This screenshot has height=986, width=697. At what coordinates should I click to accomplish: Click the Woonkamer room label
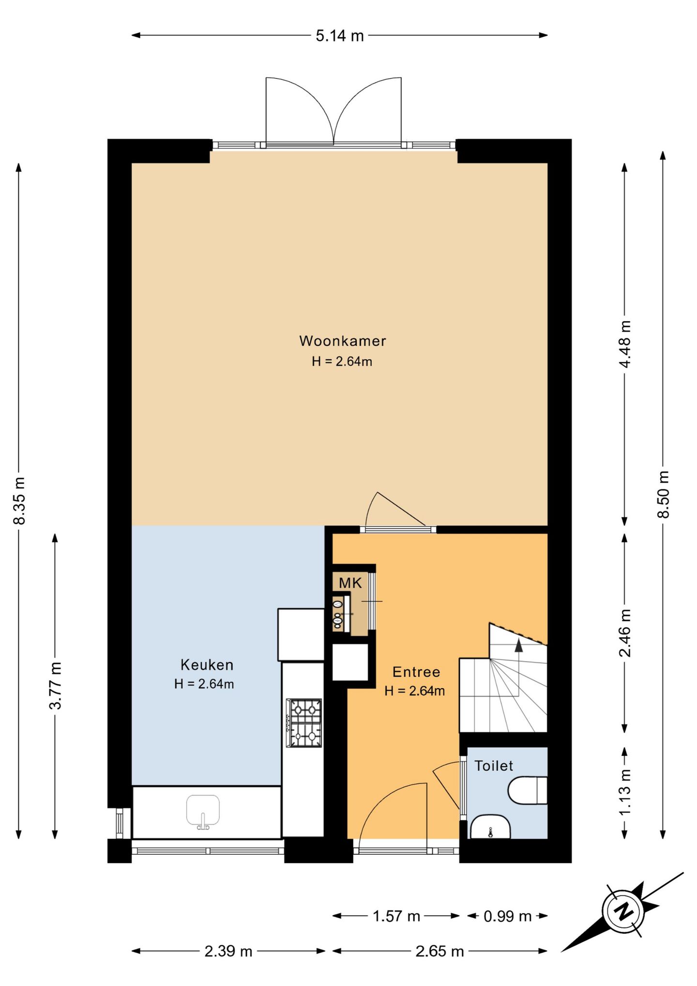coord(342,341)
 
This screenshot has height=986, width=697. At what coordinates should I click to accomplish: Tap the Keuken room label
coord(207,665)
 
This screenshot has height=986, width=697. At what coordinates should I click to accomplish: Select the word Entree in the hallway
coord(416,672)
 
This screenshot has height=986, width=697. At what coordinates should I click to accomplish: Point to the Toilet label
coord(493,766)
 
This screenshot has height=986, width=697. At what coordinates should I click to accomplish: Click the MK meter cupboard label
coord(350,583)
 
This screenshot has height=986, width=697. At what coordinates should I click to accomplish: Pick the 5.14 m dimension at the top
coord(340,36)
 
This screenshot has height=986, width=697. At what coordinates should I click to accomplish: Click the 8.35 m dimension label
coord(19,501)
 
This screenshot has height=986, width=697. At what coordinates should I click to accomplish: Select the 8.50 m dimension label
coord(663,494)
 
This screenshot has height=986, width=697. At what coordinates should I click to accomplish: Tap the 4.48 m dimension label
coord(625,344)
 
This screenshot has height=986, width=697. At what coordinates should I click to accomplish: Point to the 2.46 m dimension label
coord(625,633)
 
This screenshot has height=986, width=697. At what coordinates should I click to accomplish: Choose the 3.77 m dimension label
coord(55,686)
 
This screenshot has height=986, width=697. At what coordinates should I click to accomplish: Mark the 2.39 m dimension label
coord(228,951)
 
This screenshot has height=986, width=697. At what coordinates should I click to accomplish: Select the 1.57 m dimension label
coord(396,916)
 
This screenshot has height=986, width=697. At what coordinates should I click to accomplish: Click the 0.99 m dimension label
coord(507,916)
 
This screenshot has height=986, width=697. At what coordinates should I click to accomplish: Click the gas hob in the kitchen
coord(304,723)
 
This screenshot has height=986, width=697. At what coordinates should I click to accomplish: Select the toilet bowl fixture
coord(527,790)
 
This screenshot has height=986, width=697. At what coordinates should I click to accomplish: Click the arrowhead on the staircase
coord(518,645)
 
